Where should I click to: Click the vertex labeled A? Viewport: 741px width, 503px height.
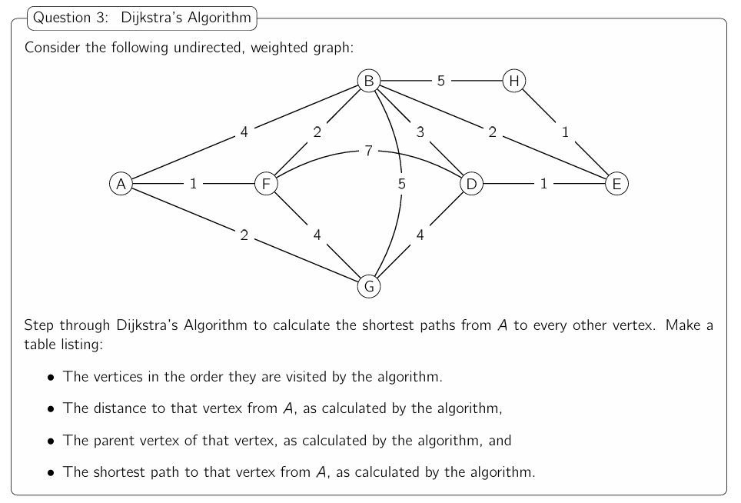tap(120, 184)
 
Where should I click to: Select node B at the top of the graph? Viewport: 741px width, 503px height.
tap(369, 80)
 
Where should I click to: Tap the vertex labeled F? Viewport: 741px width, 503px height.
tap(266, 184)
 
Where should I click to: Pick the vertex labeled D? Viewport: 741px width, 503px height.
tap(470, 184)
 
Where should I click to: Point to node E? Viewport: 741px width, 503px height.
tap(616, 184)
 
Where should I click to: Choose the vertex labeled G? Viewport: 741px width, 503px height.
tap(369, 287)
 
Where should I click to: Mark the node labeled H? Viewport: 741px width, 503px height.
tap(513, 80)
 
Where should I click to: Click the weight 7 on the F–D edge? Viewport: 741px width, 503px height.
tap(368, 151)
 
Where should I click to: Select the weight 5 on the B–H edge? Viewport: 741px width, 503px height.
tap(441, 80)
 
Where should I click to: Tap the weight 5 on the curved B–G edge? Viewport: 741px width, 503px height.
tap(401, 184)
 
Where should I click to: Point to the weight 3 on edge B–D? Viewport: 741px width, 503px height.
tap(420, 132)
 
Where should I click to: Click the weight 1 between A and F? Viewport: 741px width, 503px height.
tap(193, 184)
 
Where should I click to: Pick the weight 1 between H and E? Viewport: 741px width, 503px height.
tap(565, 132)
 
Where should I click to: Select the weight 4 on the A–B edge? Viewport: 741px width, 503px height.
tap(244, 132)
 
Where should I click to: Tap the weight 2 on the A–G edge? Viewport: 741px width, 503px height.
tap(244, 235)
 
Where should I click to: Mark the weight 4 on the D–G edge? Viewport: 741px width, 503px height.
tap(420, 235)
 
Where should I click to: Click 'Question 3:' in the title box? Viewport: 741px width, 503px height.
tap(74, 18)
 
